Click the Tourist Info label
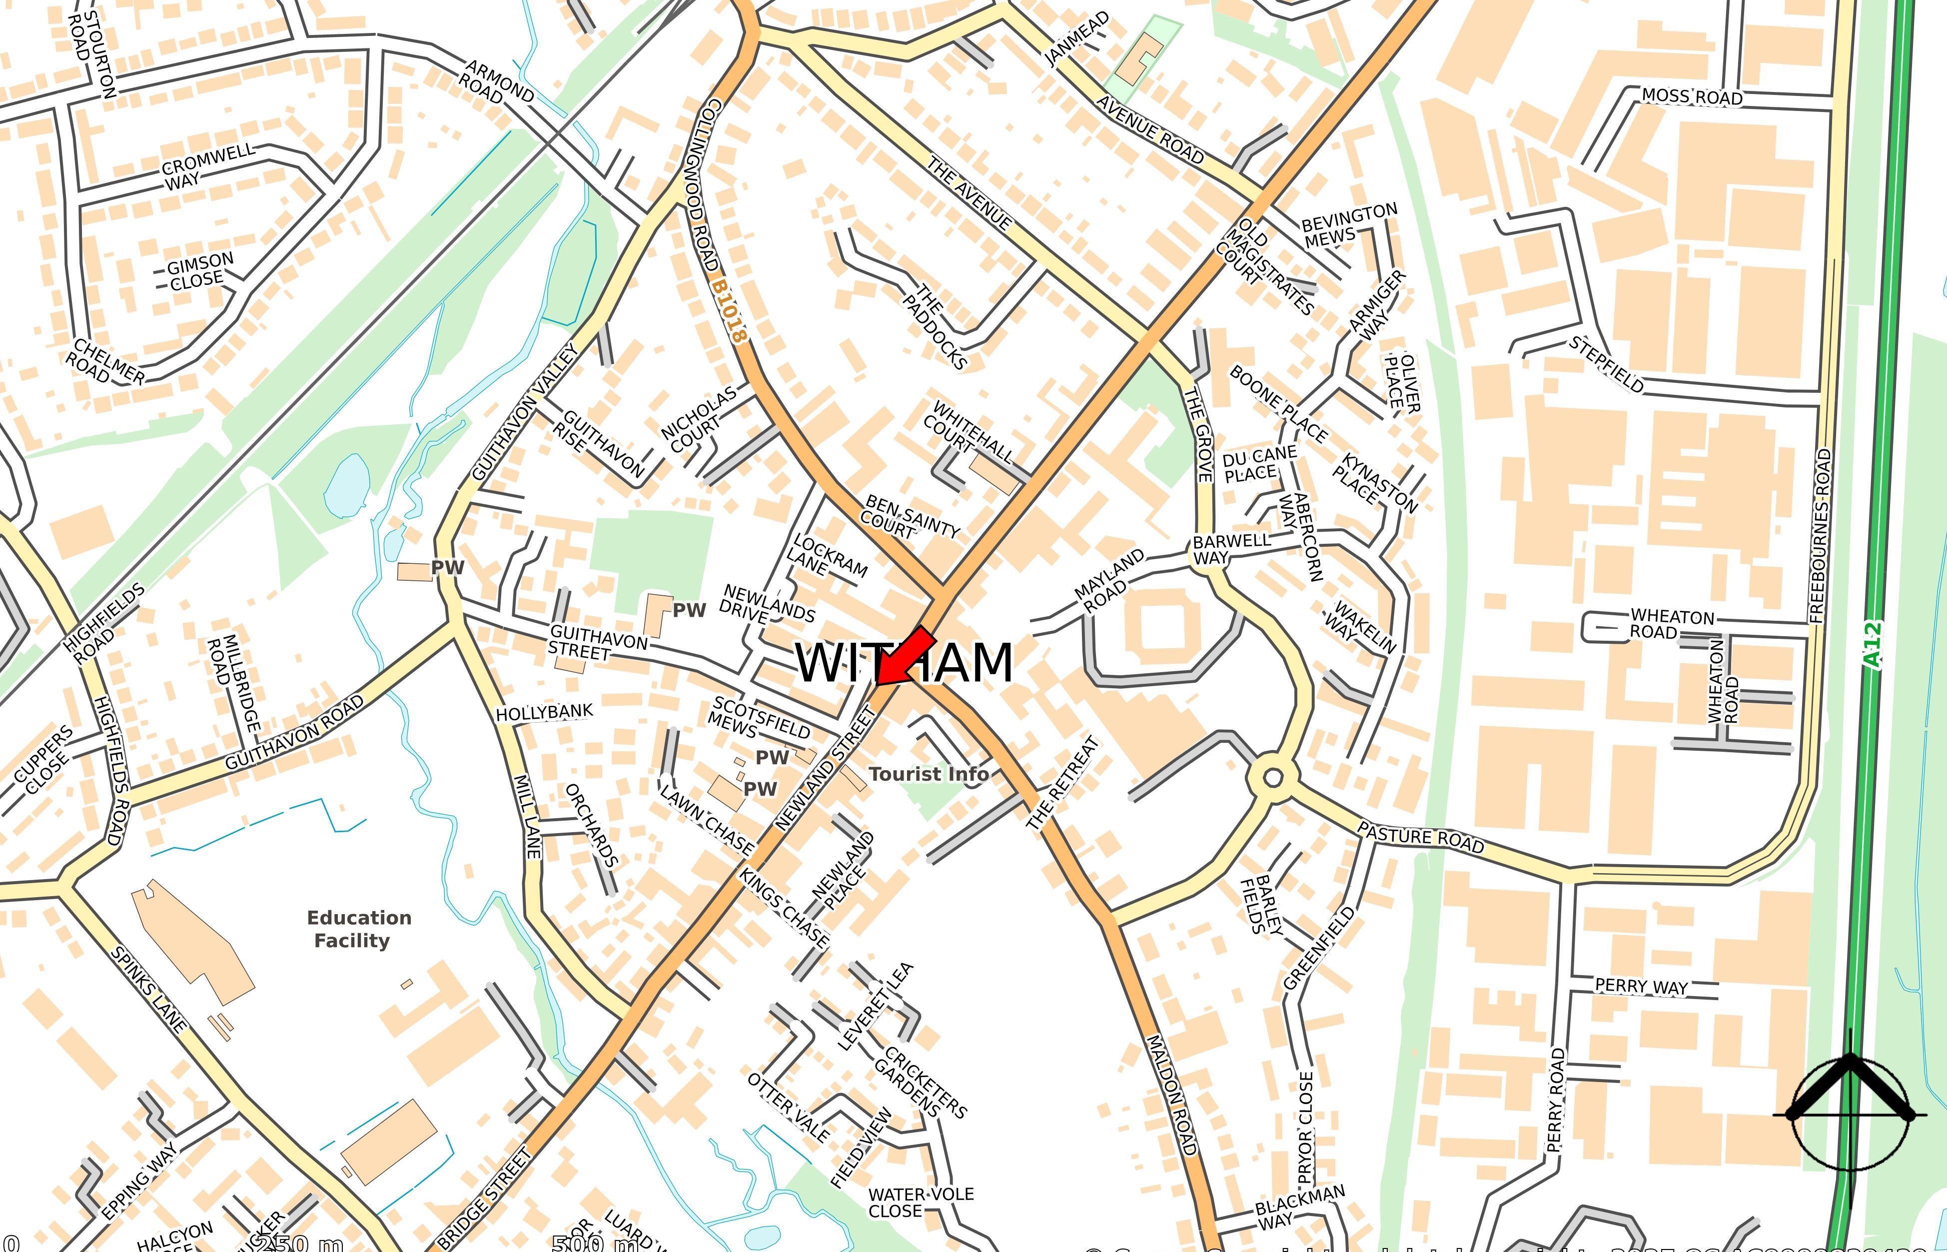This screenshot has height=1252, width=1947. click(x=929, y=774)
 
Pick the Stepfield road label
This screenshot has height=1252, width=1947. click(x=1606, y=364)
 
